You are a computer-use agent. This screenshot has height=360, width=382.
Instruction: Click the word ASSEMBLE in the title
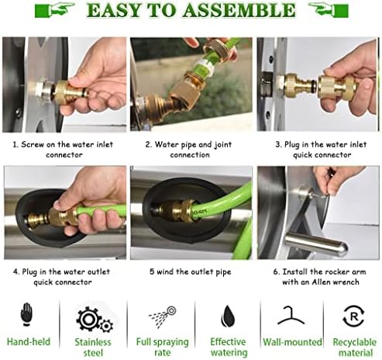point(239,10)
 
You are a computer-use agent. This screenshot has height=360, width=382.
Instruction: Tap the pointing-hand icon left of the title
point(55,9)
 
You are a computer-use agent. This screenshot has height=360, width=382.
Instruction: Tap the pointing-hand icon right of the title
point(329,9)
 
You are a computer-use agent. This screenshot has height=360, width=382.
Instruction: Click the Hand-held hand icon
point(26,314)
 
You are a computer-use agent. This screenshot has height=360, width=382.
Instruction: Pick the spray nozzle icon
point(163,316)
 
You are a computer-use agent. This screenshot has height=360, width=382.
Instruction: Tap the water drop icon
point(228,316)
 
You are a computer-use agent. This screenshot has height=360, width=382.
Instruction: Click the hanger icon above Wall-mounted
point(291,315)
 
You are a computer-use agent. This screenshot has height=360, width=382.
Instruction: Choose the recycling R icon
point(353,316)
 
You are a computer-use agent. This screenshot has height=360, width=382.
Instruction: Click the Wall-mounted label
point(292,342)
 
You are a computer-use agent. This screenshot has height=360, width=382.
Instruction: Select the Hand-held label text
point(29,341)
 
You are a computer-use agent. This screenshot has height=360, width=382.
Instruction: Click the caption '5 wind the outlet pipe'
point(190,272)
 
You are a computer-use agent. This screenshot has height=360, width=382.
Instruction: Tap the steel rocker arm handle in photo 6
point(316,243)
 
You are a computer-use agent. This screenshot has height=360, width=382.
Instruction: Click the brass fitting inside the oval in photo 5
point(177,210)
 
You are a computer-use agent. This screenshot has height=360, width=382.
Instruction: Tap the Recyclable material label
point(355,347)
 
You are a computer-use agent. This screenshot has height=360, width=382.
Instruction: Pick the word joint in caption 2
point(223,145)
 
